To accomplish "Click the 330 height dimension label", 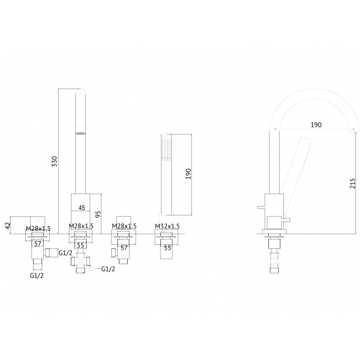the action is pyautogui.click(x=54, y=161).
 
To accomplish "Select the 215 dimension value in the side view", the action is pyautogui.click(x=352, y=184).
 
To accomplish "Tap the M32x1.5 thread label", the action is pyautogui.click(x=167, y=226).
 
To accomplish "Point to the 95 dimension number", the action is pyautogui.click(x=98, y=214).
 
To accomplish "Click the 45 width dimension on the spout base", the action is pyautogui.click(x=82, y=207).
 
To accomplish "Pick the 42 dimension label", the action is pyautogui.click(x=8, y=226).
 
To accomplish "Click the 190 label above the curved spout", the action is pyautogui.click(x=316, y=125).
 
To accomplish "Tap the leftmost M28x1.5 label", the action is pyautogui.click(x=38, y=229).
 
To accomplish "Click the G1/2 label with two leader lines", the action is pyautogui.click(x=108, y=269).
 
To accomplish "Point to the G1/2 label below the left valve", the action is pyautogui.click(x=37, y=276).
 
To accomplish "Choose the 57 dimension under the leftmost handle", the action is pyautogui.click(x=38, y=243).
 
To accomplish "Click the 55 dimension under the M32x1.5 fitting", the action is pyautogui.click(x=168, y=248).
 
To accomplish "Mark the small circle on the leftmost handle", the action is pyautogui.click(x=38, y=220).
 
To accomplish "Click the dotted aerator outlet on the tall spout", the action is pyautogui.click(x=80, y=133).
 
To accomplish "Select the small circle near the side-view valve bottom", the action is pyautogui.click(x=273, y=262).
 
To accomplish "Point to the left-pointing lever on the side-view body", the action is pyautogui.click(x=261, y=207).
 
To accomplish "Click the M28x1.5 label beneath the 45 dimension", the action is pyautogui.click(x=81, y=226).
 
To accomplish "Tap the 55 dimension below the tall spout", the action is pyautogui.click(x=80, y=245).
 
